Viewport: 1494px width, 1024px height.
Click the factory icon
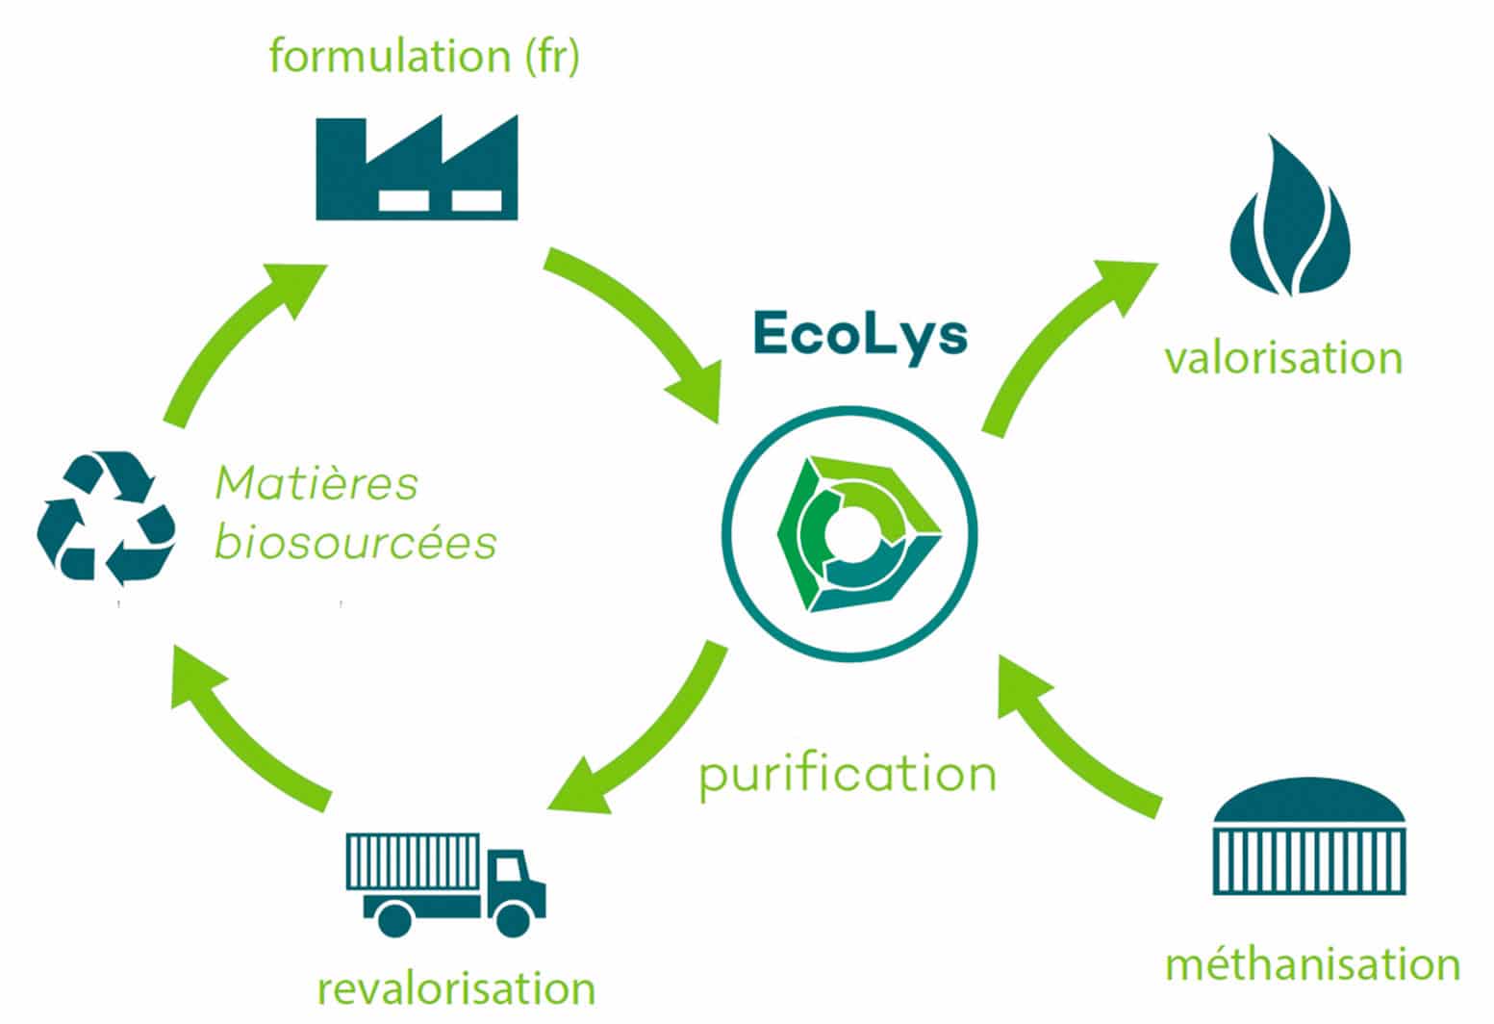click(417, 168)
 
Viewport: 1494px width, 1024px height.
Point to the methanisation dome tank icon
click(1309, 837)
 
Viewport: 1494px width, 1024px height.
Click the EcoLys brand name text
click(859, 334)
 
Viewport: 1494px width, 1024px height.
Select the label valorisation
click(1283, 358)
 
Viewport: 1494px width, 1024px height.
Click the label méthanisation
click(1312, 964)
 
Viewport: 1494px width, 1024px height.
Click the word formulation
click(389, 56)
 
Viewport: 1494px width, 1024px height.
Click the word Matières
click(317, 483)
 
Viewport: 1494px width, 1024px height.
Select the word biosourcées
click(355, 543)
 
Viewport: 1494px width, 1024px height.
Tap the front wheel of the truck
click(513, 917)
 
